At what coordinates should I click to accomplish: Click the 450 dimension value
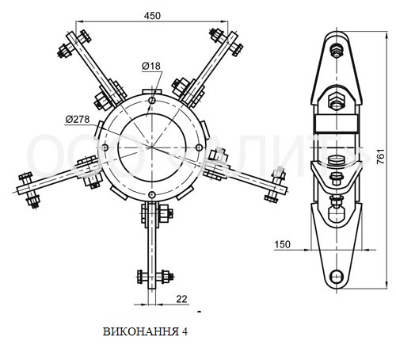[152, 16]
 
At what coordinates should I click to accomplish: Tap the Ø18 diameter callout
[151, 66]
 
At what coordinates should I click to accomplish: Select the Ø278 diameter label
[78, 120]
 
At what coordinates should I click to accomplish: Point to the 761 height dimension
[381, 157]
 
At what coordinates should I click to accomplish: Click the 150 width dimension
[282, 244]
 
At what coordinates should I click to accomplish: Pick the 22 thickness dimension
[181, 299]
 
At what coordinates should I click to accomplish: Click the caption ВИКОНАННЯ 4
[145, 331]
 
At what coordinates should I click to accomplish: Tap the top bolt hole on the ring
[152, 101]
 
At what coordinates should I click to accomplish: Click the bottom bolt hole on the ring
[151, 195]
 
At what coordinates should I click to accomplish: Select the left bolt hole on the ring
[105, 147]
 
